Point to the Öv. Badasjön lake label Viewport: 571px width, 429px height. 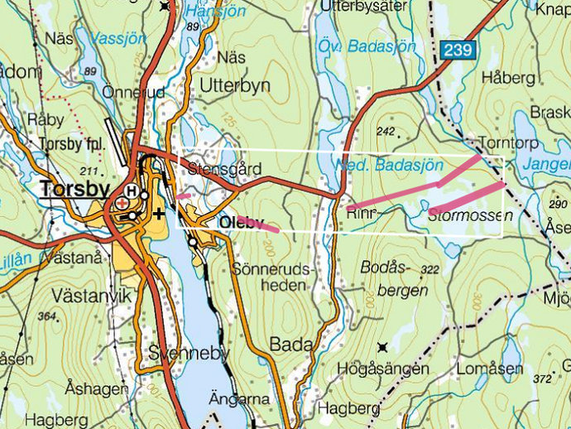point(367,46)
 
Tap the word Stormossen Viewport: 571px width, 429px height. point(470,215)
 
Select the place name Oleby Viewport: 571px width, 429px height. point(241,222)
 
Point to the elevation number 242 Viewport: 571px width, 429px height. point(385,131)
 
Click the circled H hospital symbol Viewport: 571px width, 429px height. point(131,190)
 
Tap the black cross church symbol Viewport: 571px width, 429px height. point(158,213)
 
